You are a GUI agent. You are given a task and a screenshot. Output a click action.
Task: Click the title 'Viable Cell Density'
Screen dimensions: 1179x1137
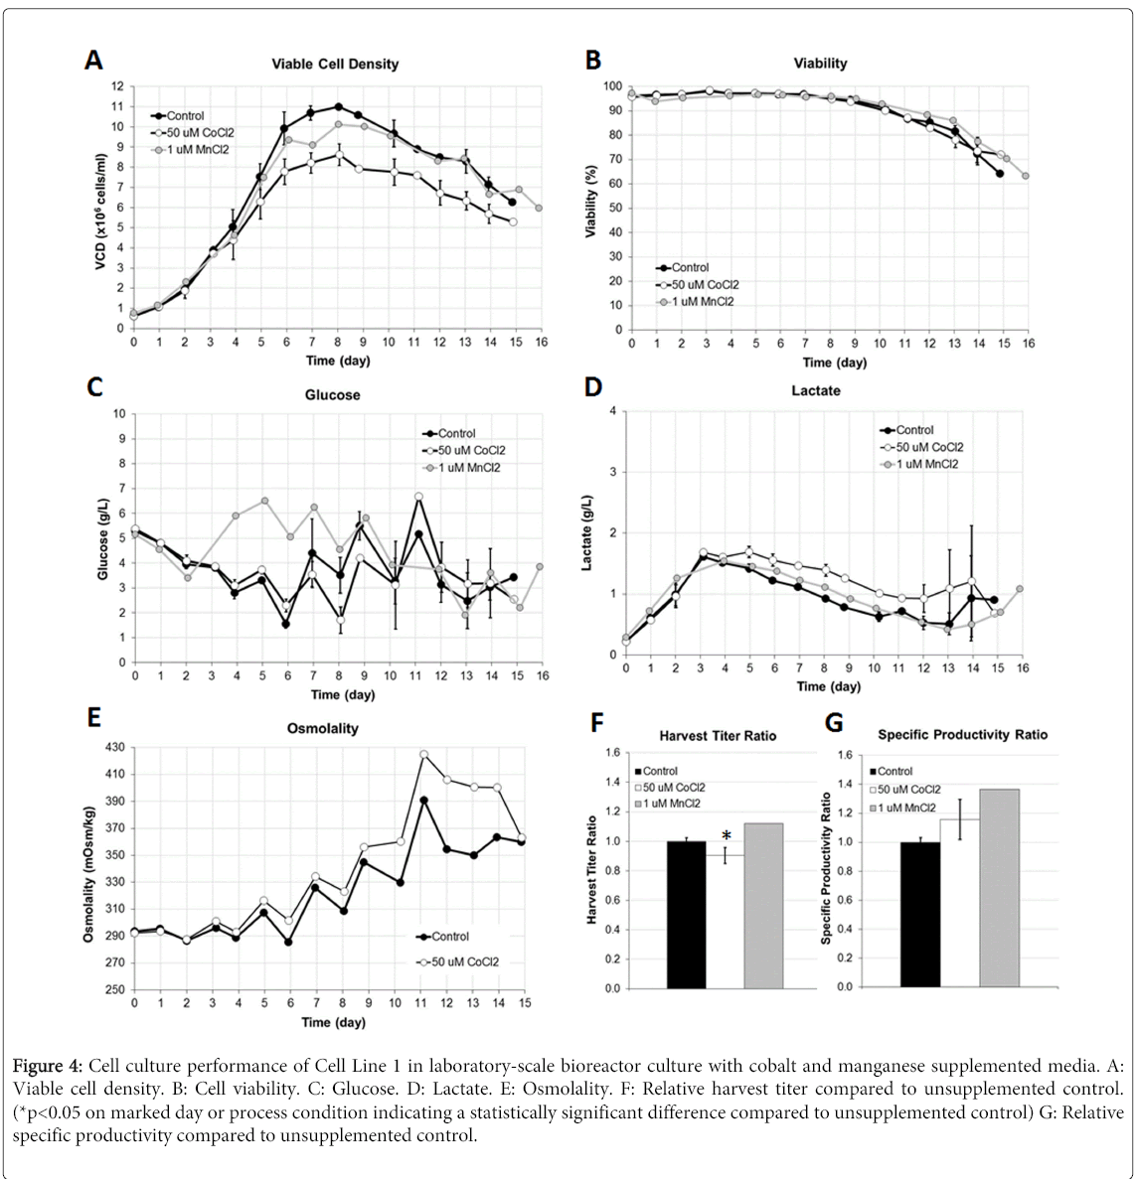click(x=335, y=64)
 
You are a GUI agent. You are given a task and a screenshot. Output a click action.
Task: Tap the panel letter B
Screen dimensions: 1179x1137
click(x=593, y=61)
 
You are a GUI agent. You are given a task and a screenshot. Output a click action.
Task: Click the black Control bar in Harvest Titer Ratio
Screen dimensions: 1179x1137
click(x=686, y=915)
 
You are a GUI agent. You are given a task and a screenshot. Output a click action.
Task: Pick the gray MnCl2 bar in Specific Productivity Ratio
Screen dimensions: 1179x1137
click(x=1000, y=888)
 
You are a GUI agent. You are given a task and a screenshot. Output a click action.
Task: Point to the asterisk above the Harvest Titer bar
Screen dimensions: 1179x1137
click(x=727, y=836)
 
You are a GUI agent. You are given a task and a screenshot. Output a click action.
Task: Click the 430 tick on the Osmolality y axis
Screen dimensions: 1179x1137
click(x=115, y=747)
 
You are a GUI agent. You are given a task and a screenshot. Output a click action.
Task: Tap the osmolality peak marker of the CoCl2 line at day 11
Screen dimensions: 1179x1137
click(x=423, y=755)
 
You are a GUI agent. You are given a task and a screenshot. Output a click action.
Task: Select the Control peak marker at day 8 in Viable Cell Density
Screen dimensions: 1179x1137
click(x=339, y=106)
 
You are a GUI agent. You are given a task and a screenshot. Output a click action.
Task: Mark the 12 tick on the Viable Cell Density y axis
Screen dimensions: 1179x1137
click(x=117, y=86)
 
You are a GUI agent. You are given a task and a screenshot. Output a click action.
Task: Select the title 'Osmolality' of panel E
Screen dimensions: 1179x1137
click(x=322, y=728)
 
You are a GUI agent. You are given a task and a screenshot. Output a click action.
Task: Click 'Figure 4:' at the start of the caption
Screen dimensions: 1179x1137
click(x=48, y=1066)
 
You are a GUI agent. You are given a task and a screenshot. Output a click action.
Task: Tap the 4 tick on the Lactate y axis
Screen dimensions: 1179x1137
click(x=613, y=411)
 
